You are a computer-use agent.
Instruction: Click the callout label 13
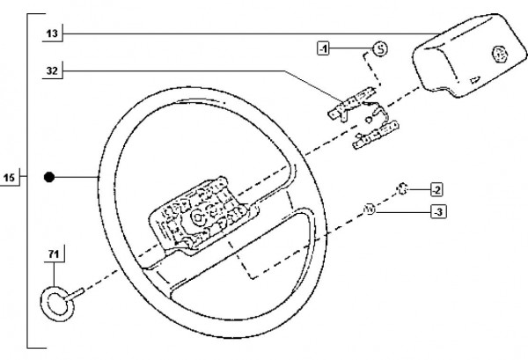pos(52,33)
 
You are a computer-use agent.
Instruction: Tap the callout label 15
pos(9,180)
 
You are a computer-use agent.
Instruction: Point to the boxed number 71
pos(53,256)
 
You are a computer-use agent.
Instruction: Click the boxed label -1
pos(324,48)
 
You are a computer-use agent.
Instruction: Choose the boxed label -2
pos(436,189)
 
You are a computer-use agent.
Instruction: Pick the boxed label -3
pos(436,211)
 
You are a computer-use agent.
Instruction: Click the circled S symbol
pos(379,48)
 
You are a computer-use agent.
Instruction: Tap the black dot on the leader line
pos(50,178)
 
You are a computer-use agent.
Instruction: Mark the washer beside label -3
pos(370,209)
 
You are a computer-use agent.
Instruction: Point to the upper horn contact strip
pos(348,107)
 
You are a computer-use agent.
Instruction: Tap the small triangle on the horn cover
pos(475,80)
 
